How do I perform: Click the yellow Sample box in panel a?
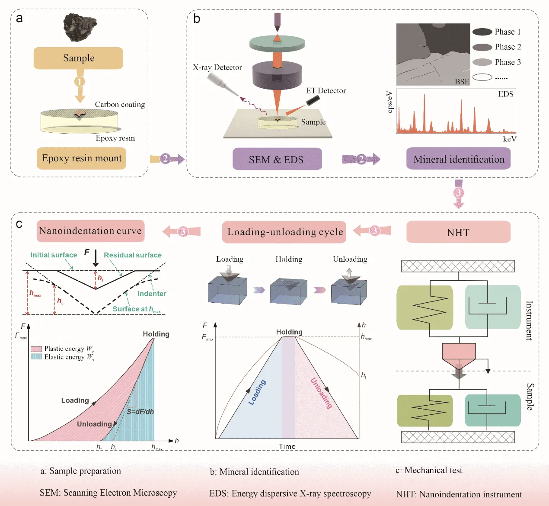(x=78, y=58)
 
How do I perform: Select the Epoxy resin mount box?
(x=82, y=158)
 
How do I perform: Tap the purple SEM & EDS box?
(x=277, y=159)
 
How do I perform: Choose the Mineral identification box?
(x=458, y=159)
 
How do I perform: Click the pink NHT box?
(x=458, y=232)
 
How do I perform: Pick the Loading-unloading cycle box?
(x=284, y=232)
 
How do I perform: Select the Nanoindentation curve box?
(x=91, y=231)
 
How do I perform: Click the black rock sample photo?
(x=80, y=27)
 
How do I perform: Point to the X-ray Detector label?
(x=217, y=67)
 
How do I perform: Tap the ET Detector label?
(x=326, y=91)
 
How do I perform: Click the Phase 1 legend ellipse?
(x=482, y=32)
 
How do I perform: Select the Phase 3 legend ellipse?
(x=482, y=62)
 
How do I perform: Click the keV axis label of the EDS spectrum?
(x=510, y=139)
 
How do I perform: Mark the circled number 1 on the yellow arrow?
(x=80, y=82)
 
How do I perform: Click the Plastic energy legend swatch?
(x=36, y=349)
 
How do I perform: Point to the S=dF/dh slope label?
(x=140, y=412)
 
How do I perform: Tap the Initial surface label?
(x=54, y=255)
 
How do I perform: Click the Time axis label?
(x=287, y=446)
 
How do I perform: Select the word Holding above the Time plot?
(x=289, y=332)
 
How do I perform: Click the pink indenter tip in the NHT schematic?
(x=459, y=359)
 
